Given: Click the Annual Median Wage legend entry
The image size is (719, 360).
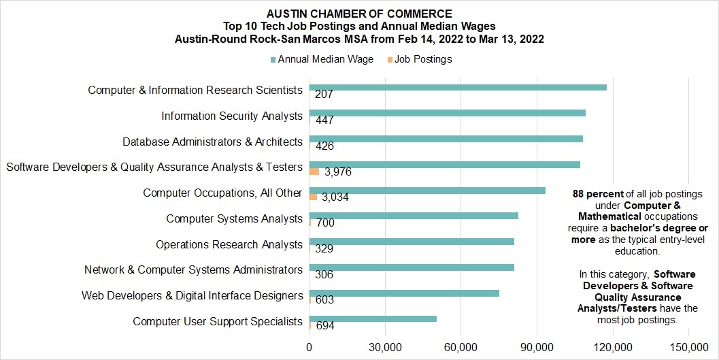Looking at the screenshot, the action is click(x=322, y=60).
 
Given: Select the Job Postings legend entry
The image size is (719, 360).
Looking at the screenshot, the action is click(x=420, y=60).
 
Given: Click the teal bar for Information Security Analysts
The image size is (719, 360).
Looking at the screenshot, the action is click(x=447, y=113).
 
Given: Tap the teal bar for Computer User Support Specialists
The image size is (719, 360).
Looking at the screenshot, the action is click(x=373, y=318).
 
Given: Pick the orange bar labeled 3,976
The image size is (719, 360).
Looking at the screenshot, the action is click(x=314, y=171).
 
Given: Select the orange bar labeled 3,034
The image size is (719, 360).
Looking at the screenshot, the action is click(x=313, y=197).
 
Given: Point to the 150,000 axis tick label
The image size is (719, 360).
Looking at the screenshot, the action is click(x=689, y=348).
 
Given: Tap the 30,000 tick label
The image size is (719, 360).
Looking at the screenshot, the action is click(x=385, y=348).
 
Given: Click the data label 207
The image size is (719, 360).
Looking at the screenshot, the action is click(x=324, y=95).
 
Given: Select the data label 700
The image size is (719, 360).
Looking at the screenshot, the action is click(x=325, y=223).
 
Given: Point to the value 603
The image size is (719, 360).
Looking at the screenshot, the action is click(x=324, y=300).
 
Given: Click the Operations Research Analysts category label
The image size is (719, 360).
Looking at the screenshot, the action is click(x=229, y=245).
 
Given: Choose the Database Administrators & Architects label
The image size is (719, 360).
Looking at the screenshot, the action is click(x=213, y=142).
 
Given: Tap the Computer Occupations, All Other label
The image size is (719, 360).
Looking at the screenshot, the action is click(x=223, y=193).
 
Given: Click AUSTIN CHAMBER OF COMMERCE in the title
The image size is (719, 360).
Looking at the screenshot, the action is click(x=359, y=14).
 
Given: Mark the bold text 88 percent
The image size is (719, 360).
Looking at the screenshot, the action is click(x=598, y=194).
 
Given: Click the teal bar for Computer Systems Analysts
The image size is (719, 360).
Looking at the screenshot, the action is click(x=414, y=216).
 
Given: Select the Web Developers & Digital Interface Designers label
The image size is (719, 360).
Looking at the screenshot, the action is click(x=193, y=296).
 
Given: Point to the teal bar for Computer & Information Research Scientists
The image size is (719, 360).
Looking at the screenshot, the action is click(x=458, y=88).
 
